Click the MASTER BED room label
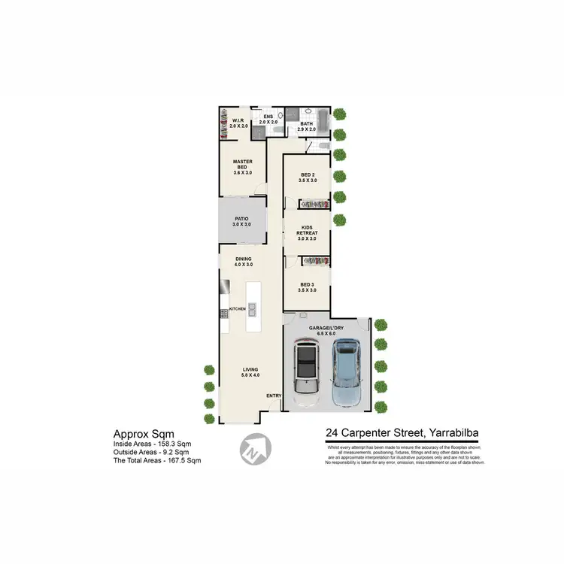coord(242,167)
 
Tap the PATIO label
coord(241,222)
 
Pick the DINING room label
coord(242,262)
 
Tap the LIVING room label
coord(250,371)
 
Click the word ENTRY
coord(273,396)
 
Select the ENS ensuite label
coord(268,119)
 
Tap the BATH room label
coord(307,127)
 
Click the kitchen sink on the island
coord(253,308)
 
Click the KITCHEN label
coord(238,309)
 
